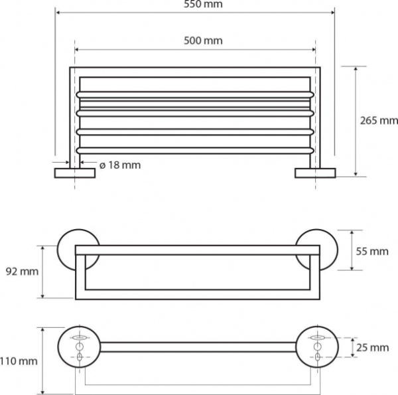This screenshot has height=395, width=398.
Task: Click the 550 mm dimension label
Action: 203,4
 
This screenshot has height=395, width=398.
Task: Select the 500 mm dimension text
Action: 203,40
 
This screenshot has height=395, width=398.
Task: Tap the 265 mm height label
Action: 379,120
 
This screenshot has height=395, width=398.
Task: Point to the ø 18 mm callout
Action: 120,165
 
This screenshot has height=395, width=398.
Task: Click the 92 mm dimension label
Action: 22,272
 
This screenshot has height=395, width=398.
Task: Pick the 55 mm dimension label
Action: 372,251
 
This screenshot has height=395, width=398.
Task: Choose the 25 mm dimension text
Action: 373,347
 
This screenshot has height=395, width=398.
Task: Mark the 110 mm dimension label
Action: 19,361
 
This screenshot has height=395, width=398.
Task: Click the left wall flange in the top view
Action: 75,173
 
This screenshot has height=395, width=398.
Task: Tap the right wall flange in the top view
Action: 315,173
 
